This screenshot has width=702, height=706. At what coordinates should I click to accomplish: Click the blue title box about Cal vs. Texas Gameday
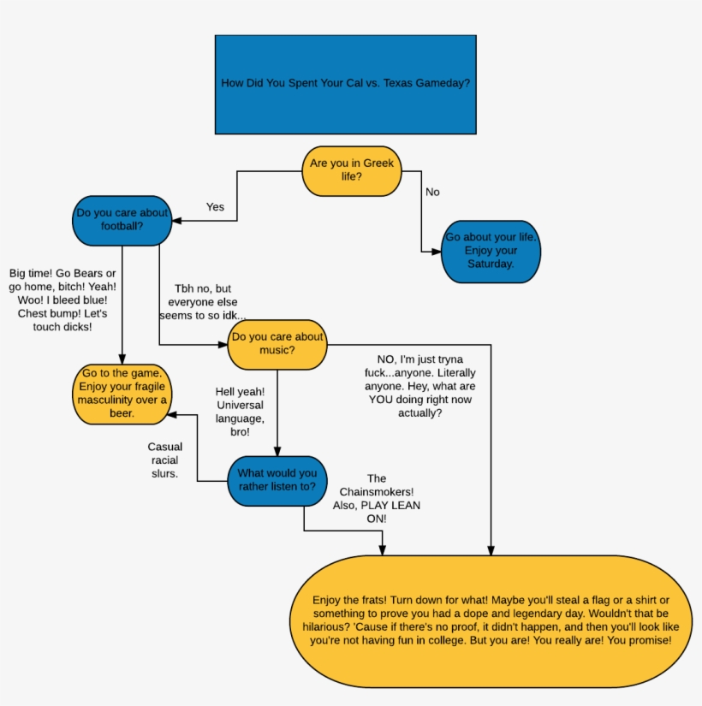pyautogui.click(x=345, y=84)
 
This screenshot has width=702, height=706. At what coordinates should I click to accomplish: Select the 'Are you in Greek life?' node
pyautogui.click(x=352, y=169)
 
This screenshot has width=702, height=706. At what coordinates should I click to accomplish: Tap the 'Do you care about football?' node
pyautogui.click(x=122, y=220)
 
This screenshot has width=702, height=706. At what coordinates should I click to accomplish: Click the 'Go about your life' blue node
pyautogui.click(x=491, y=251)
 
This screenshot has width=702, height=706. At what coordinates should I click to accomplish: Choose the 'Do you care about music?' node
pyautogui.click(x=277, y=343)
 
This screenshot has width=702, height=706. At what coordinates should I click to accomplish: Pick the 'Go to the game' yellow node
pyautogui.click(x=122, y=394)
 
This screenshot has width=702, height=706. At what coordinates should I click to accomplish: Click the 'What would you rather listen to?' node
pyautogui.click(x=277, y=480)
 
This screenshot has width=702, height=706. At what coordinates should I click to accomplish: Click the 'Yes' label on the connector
pyautogui.click(x=216, y=207)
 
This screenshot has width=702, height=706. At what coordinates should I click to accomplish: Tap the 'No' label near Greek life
pyautogui.click(x=432, y=193)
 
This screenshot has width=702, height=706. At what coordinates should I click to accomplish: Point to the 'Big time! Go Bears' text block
pyautogui.click(x=62, y=300)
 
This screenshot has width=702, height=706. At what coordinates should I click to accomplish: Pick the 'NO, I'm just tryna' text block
pyautogui.click(x=420, y=386)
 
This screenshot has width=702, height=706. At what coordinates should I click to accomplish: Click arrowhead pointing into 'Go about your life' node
pyautogui.click(x=437, y=251)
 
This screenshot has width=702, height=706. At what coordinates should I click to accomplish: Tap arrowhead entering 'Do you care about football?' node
pyautogui.click(x=177, y=221)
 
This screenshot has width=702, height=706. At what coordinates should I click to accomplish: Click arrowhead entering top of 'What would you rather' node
pyautogui.click(x=277, y=452)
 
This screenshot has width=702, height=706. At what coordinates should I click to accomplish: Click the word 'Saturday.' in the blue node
pyautogui.click(x=491, y=264)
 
